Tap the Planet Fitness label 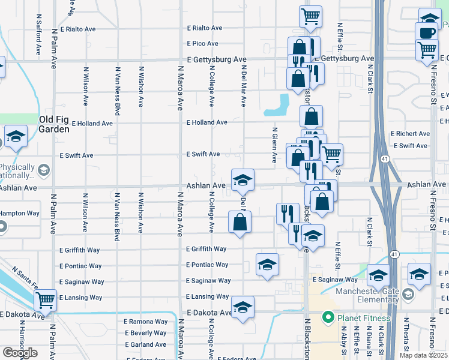pos(364,318)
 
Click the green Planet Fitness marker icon pos(328,317)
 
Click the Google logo pos(20,352)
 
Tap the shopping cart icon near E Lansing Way pos(46,299)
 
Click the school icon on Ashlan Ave pos(243,179)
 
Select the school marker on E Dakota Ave pos(243,307)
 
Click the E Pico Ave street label pos(202,44)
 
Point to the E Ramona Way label pos(146,322)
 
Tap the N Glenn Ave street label pos(274,145)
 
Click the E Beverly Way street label pos(146,333)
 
